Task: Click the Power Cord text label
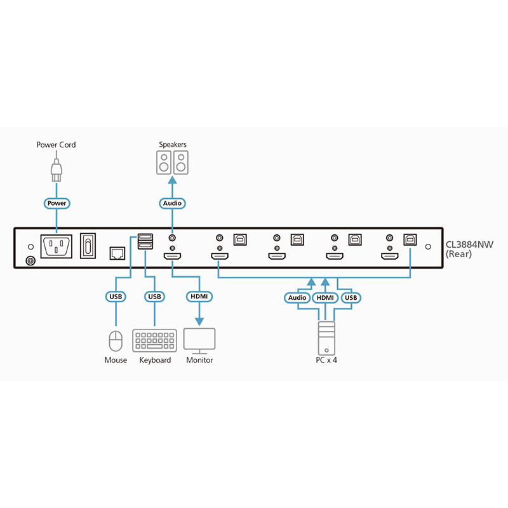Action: coord(56,145)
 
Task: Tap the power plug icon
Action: coord(56,170)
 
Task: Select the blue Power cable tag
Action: coord(56,203)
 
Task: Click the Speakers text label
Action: coord(173,145)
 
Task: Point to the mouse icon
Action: coord(116,340)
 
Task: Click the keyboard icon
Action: coord(155,340)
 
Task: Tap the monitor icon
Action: coord(199,340)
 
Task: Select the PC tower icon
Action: coord(326,338)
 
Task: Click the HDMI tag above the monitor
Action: coord(199,297)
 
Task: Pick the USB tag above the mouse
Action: coord(116,297)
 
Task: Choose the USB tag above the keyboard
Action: coord(155,297)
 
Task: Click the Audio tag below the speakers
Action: coord(172,203)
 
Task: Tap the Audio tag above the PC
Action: coord(298,297)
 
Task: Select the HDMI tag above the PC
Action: coord(325,297)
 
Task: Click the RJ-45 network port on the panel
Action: coord(117,252)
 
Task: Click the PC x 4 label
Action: coord(325,360)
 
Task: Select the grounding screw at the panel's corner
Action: coord(29,260)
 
